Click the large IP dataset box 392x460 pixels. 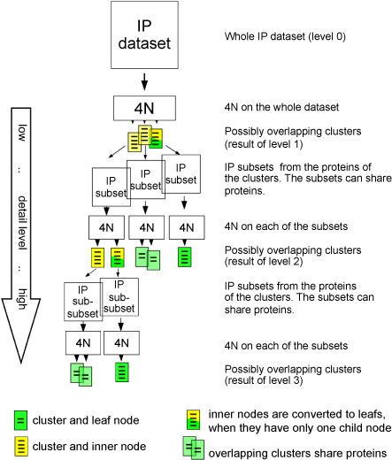click(144, 35)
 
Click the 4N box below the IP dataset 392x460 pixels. click(144, 108)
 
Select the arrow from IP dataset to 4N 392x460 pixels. click(144, 81)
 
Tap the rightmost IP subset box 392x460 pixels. click(181, 174)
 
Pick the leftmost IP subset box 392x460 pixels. click(111, 188)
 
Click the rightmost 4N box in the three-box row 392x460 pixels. click(187, 227)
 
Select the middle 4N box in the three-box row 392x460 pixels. click(147, 227)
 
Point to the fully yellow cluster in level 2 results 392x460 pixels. click(97, 257)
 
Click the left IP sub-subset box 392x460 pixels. click(83, 302)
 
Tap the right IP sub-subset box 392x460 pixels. click(119, 297)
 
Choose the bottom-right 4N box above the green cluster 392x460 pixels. click(121, 343)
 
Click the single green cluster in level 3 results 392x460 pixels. click(122, 372)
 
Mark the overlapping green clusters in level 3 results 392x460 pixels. click(81, 375)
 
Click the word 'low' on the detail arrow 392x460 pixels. click(22, 133)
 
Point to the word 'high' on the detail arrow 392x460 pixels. click(22, 299)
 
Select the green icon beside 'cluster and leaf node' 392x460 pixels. click(20, 420)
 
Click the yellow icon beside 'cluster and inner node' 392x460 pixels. click(21, 447)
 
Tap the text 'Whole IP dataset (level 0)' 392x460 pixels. click(285, 36)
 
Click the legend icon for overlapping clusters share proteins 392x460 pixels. click(194, 448)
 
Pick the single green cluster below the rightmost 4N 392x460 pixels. click(185, 257)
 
